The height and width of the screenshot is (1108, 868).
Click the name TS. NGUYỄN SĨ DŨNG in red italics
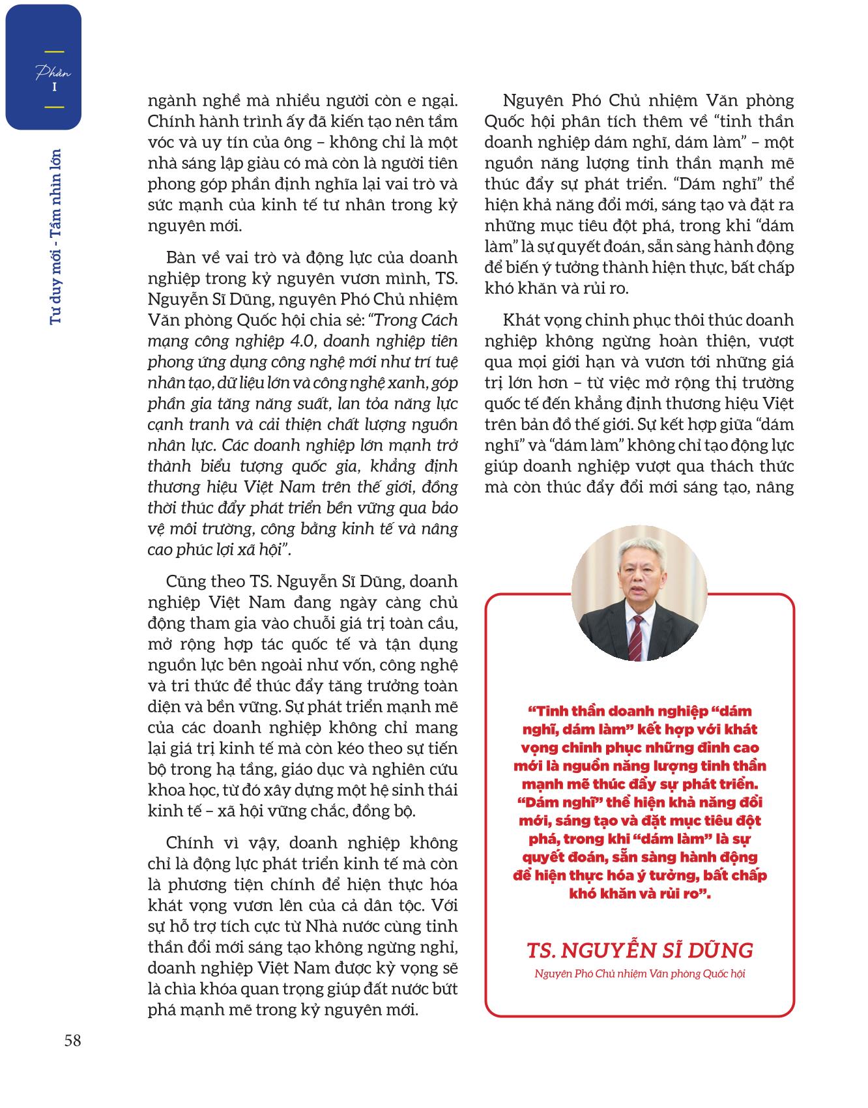[639, 950]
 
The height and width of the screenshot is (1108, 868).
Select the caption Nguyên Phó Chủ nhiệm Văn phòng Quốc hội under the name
[639, 974]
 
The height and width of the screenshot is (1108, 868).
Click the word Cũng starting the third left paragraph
[185, 581]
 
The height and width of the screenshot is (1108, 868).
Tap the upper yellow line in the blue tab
[53, 51]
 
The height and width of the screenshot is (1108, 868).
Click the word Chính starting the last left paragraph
[186, 843]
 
